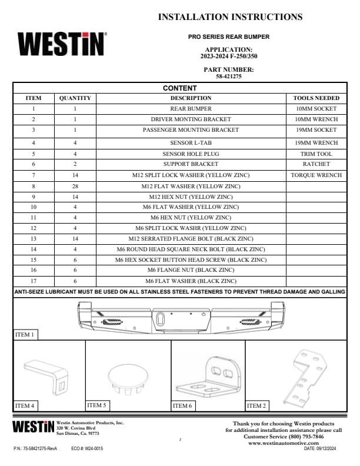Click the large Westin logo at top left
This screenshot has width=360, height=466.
[x=62, y=44]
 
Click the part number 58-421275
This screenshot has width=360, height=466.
[x=229, y=76]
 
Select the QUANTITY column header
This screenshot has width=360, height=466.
[x=75, y=98]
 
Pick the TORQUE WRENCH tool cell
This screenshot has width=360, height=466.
[x=316, y=175]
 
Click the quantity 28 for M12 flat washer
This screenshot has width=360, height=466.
[x=75, y=187]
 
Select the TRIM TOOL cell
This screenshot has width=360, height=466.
[x=316, y=154]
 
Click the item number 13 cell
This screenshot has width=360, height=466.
[x=34, y=238]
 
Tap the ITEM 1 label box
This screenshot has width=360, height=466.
[x=24, y=335]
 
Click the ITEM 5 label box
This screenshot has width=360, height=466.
[x=97, y=405]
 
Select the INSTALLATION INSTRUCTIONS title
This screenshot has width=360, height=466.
[x=231, y=17]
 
